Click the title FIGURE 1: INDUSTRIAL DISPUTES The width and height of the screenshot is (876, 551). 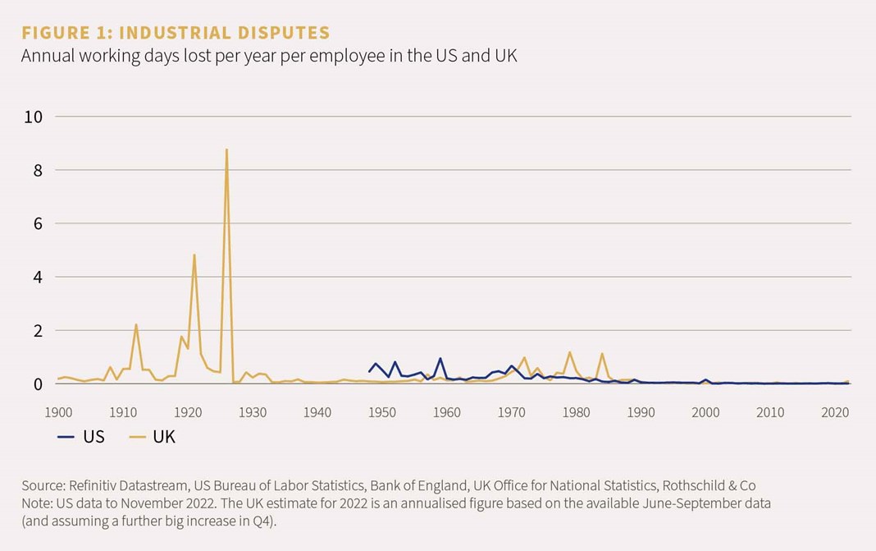click(x=175, y=33)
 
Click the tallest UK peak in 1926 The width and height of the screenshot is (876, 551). click(x=226, y=149)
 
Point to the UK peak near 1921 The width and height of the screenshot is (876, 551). click(x=194, y=255)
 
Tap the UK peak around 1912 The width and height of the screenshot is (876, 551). click(x=136, y=324)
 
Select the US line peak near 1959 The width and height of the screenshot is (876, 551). click(x=440, y=358)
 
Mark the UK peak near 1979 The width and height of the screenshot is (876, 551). click(x=569, y=352)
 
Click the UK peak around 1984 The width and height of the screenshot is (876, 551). click(x=602, y=354)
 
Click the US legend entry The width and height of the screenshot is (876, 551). click(x=83, y=437)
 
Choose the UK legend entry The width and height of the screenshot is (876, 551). click(x=153, y=437)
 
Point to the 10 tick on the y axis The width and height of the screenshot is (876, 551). click(x=32, y=117)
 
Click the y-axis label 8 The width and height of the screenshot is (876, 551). click(x=37, y=170)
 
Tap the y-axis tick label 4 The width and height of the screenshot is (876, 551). click(x=37, y=277)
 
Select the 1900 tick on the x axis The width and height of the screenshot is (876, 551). click(x=57, y=411)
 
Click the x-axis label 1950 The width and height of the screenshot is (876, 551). click(x=382, y=411)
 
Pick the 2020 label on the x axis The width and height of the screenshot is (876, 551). click(x=835, y=411)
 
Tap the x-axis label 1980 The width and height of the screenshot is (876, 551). click(x=577, y=411)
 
